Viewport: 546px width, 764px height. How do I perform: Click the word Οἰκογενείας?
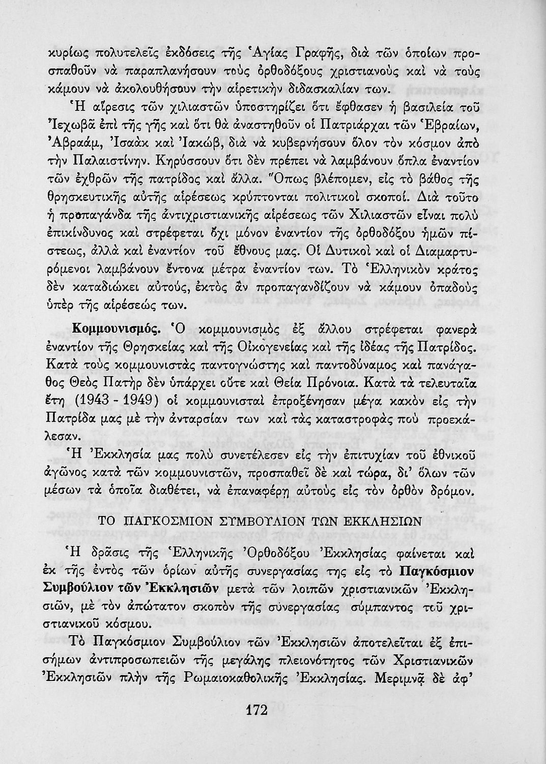tap(280, 347)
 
